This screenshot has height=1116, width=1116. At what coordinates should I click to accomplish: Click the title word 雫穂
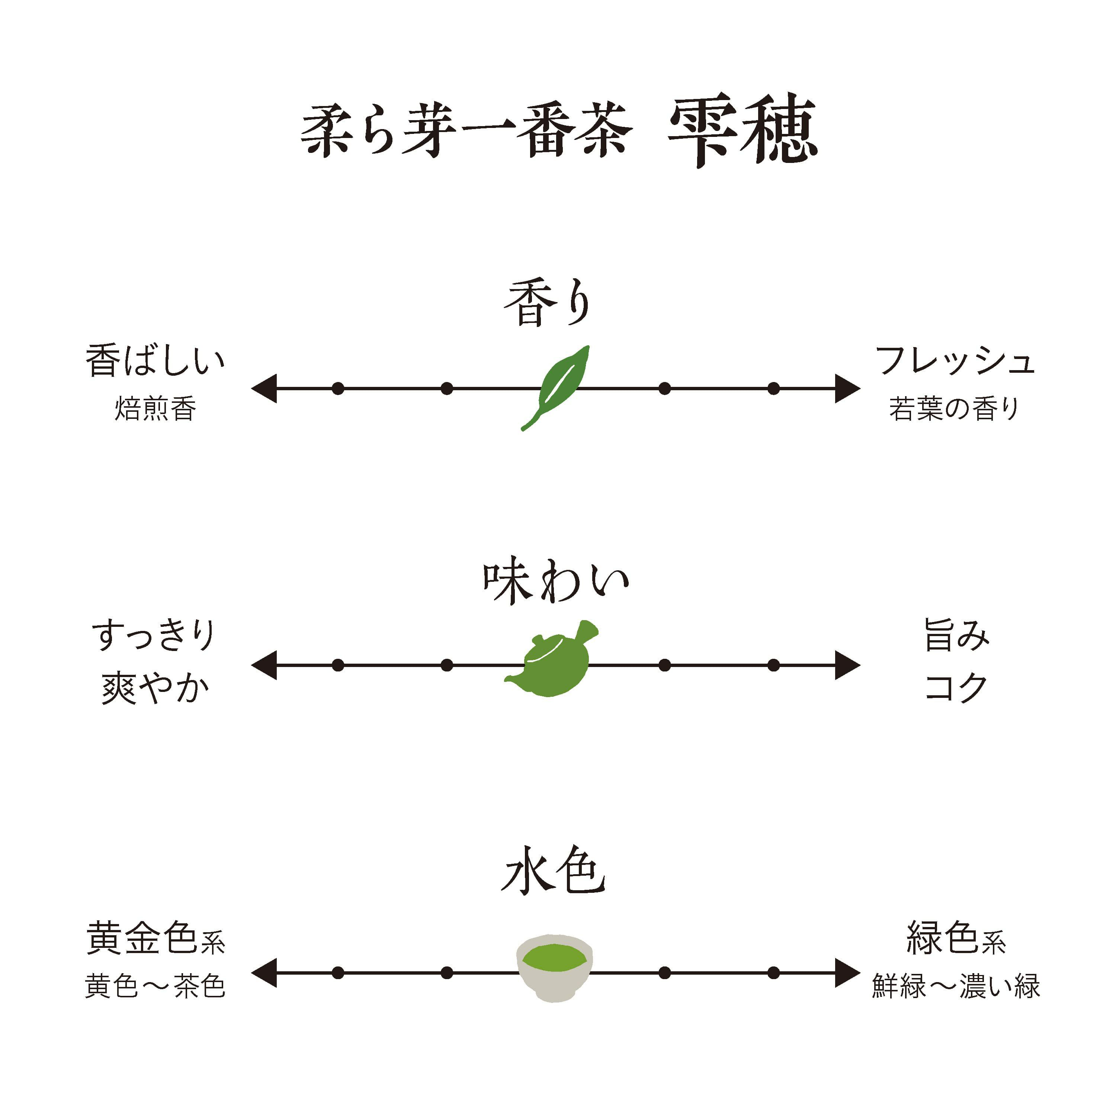(742, 130)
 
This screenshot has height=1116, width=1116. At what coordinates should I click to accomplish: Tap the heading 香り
(548, 303)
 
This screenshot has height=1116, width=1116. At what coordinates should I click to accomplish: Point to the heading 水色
(553, 871)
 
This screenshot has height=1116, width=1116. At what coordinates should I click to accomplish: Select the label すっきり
(154, 635)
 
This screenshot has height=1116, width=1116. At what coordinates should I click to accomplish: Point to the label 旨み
(956, 635)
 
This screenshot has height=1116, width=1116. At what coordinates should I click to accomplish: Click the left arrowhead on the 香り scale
(264, 388)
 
